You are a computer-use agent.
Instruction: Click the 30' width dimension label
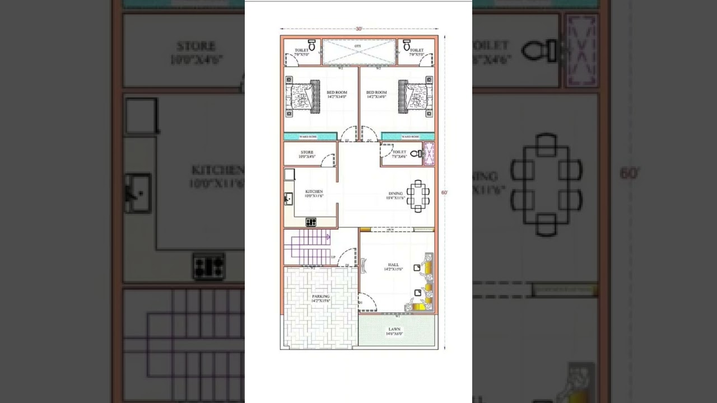pos(359,29)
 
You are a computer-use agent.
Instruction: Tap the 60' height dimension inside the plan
pos(444,193)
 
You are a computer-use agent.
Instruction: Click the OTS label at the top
pos(358,46)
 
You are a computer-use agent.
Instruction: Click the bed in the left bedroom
pos(302,96)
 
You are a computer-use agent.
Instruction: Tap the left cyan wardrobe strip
pos(310,137)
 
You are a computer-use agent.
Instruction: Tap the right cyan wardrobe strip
pos(408,137)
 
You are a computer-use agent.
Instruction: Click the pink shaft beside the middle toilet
pos(429,154)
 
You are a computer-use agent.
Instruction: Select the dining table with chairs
pos(418,196)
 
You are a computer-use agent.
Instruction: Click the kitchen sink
pos(288,198)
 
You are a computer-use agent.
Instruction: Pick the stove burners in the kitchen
pos(311,222)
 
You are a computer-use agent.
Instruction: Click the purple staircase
pos(308,247)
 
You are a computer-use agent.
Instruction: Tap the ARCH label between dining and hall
pos(390,229)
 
